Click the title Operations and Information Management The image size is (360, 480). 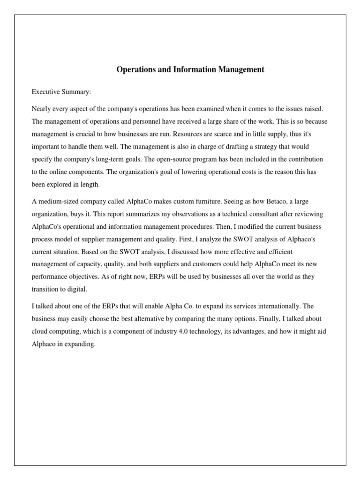pos(190,70)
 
